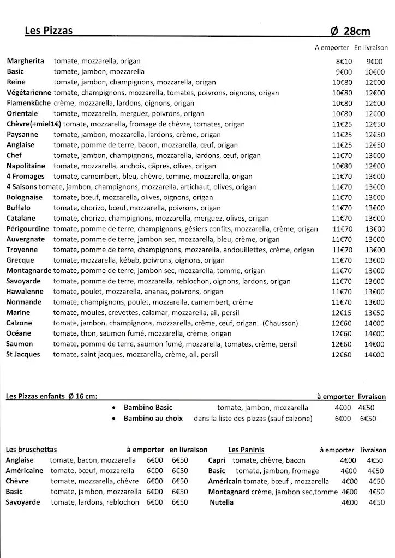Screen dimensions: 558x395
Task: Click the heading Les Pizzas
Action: pos(49,31)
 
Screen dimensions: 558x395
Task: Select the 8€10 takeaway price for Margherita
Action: pos(344,62)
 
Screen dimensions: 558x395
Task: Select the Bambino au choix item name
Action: pos(154,418)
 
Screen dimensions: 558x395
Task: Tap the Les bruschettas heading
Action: pos(31,450)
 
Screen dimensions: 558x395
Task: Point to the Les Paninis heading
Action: pos(246,450)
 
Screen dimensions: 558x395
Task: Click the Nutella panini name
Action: pos(222,502)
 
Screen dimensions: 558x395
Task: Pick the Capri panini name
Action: pos(218,460)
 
